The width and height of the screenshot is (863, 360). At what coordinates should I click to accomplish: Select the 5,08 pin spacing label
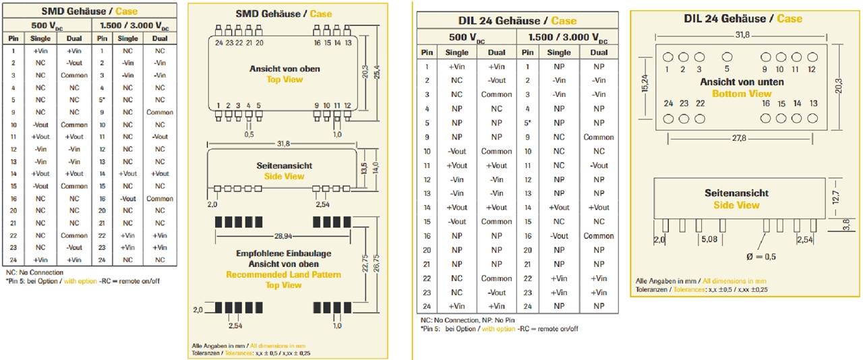coord(709,239)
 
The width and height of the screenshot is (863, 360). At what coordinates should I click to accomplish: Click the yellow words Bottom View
coord(742,94)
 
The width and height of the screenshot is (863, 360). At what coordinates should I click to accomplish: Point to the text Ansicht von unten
coord(742,82)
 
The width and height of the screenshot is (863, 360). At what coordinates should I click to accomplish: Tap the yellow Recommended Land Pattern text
coord(283,274)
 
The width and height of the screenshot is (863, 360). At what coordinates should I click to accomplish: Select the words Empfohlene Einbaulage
coord(283,253)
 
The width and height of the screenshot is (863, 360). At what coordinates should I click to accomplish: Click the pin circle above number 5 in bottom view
coord(727,57)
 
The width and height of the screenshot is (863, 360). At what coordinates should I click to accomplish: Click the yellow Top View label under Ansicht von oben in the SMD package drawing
coord(285,80)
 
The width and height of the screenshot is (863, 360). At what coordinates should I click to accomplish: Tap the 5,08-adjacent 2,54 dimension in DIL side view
coord(804,239)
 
